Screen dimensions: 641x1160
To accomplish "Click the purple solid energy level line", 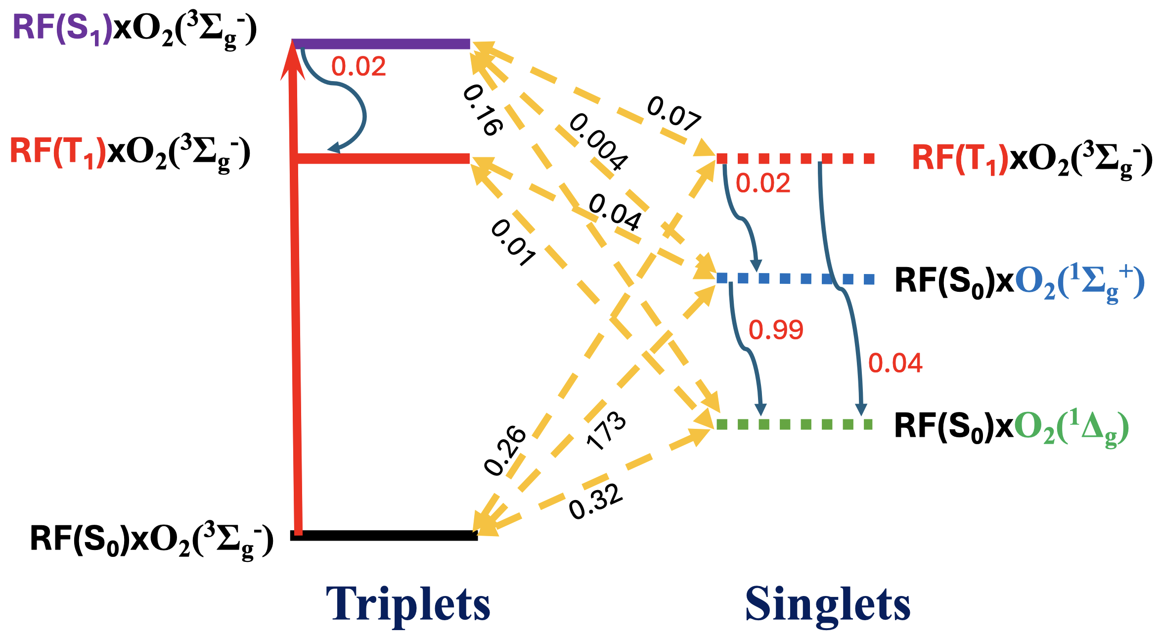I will tap(381, 44).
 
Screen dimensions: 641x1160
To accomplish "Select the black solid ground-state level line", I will tap(384, 536).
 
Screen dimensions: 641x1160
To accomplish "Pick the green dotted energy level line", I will tap(794, 424).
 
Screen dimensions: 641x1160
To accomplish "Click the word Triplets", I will tap(408, 604).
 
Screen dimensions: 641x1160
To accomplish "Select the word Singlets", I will tap(827, 604).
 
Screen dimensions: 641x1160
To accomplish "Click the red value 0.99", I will tap(776, 330).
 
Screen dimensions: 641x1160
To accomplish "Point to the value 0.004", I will tap(598, 142).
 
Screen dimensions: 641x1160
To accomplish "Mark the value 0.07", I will tap(673, 114).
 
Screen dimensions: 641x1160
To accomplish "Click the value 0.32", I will tap(595, 502).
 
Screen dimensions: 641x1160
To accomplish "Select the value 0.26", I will tap(504, 450).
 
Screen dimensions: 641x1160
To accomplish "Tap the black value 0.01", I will tap(513, 243).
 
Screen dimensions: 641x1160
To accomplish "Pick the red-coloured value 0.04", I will tap(895, 364).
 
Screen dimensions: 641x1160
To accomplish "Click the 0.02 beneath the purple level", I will tap(358, 67).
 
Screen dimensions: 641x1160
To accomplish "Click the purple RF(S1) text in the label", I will tap(62, 29).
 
